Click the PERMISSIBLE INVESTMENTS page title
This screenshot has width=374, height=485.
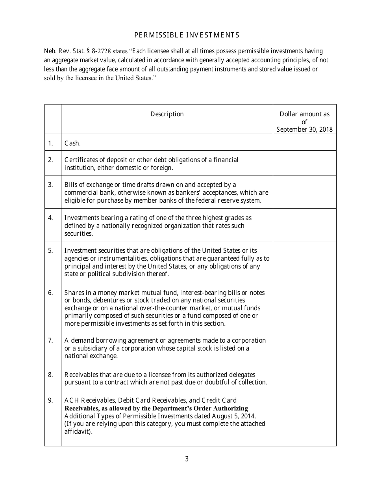pyautogui.click(x=187, y=35)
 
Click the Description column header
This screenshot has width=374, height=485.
pyautogui.click(x=167, y=114)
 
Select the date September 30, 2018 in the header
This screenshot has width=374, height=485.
pyautogui.click(x=304, y=129)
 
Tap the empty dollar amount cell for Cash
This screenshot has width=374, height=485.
pyautogui.click(x=304, y=142)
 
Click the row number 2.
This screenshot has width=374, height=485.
pyautogui.click(x=50, y=160)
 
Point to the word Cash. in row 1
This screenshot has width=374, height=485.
pyautogui.click(x=72, y=144)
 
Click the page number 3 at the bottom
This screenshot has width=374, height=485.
pyautogui.click(x=187, y=459)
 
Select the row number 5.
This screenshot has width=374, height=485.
pyautogui.click(x=50, y=250)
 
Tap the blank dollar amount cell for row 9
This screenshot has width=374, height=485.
pyautogui.click(x=304, y=418)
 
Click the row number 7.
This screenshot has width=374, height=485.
pyautogui.click(x=50, y=340)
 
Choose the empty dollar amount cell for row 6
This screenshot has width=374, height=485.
pyautogui.click(x=304, y=307)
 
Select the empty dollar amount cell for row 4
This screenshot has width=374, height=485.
pyautogui.click(x=304, y=225)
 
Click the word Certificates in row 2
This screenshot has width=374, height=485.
pyautogui.click(x=80, y=160)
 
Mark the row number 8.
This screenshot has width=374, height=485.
pyautogui.click(x=50, y=375)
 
